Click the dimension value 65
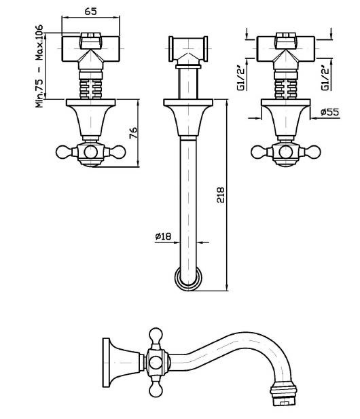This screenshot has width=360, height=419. point(90,12)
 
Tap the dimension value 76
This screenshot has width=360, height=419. point(133,133)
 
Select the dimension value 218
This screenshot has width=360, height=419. point(221,195)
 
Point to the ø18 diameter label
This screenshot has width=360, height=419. point(163,236)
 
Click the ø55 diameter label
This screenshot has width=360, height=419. point(329,111)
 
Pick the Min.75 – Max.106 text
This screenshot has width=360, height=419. point(39,66)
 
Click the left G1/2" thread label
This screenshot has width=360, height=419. point(241,78)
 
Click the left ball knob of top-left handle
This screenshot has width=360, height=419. point(64,152)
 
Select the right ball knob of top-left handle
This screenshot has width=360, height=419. point(118,152)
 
